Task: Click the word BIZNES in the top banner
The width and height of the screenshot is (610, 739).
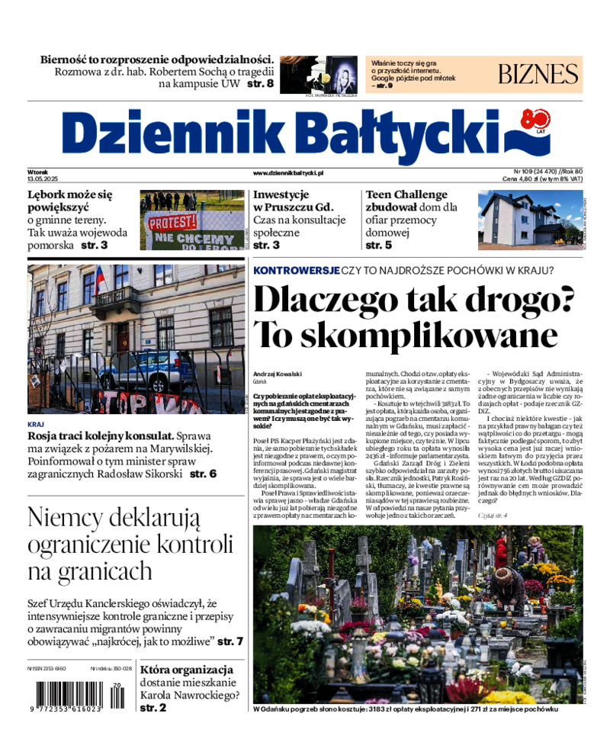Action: [x=538, y=74]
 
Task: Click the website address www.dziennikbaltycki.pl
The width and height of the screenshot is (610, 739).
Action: [x=288, y=173]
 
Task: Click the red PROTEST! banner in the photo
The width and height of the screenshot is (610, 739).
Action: [x=172, y=223]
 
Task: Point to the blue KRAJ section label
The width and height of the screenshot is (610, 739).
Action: [x=36, y=423]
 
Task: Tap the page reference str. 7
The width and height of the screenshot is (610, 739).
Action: [x=230, y=641]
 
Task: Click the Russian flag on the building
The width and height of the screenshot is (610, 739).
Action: [x=99, y=280]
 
